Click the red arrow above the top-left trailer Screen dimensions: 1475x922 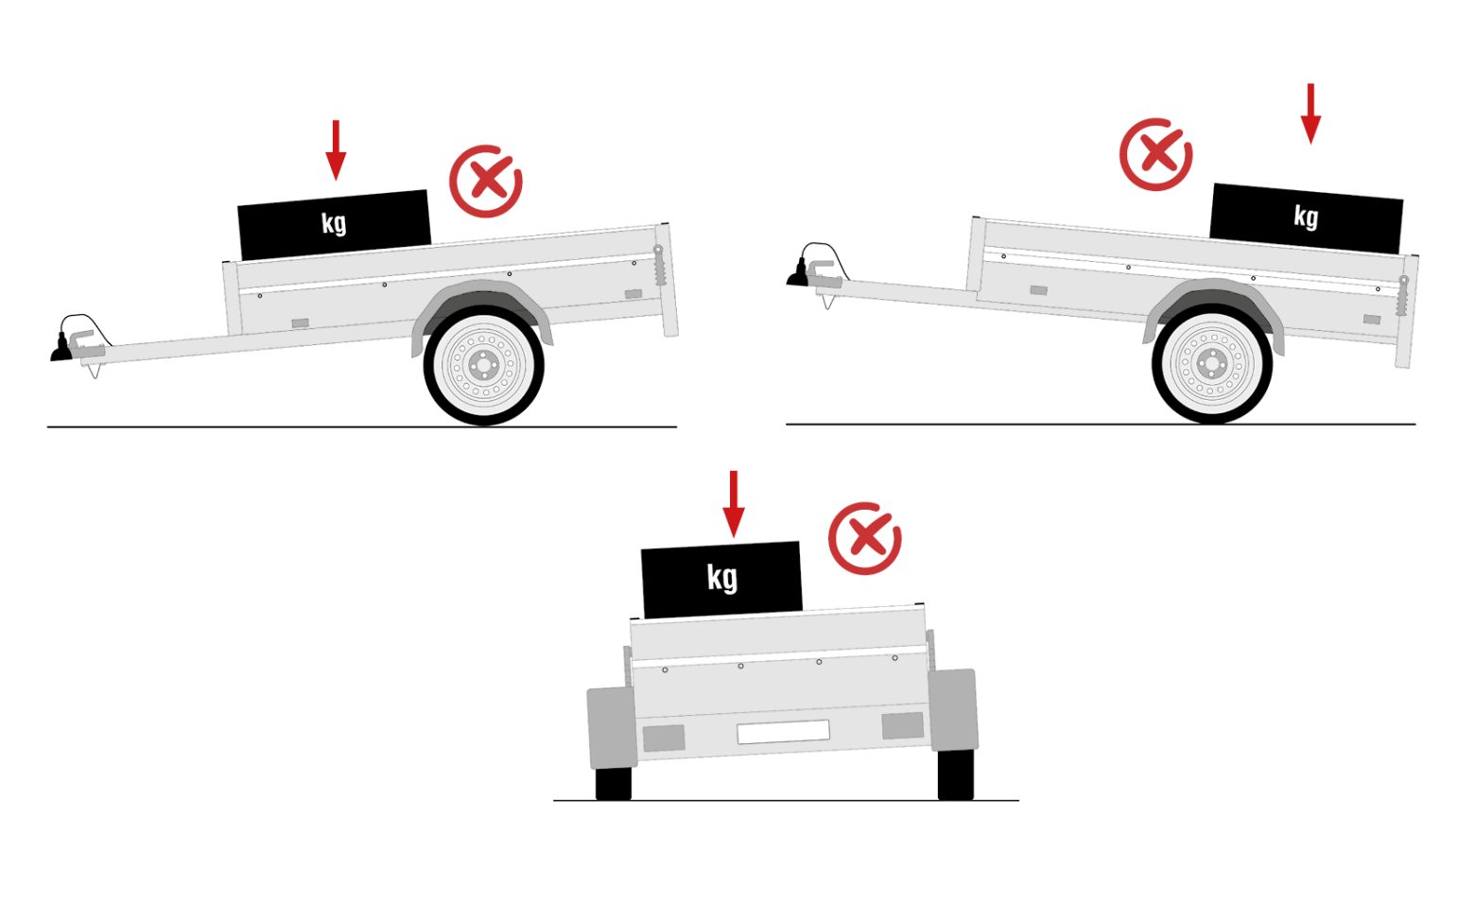[336, 150]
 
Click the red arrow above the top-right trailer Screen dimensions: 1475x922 [1310, 113]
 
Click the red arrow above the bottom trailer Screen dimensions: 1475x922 [734, 504]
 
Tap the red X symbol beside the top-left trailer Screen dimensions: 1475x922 [486, 182]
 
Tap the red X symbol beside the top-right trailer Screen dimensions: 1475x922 [1155, 155]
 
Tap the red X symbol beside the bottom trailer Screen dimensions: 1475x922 [864, 538]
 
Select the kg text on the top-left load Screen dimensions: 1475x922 [334, 223]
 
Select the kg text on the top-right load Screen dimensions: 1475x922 [1306, 217]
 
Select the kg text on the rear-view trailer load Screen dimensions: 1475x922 [722, 578]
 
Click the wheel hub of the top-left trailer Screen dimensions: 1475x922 [484, 365]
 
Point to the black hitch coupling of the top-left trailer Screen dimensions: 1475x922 [61, 349]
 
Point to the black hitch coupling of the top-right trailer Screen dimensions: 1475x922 [797, 273]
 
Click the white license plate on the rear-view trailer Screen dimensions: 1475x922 [783, 732]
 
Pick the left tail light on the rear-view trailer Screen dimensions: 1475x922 [664, 739]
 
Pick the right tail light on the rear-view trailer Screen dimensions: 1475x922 [902, 725]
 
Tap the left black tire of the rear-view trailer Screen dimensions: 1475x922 [613, 784]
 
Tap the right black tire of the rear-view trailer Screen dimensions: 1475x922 [956, 775]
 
